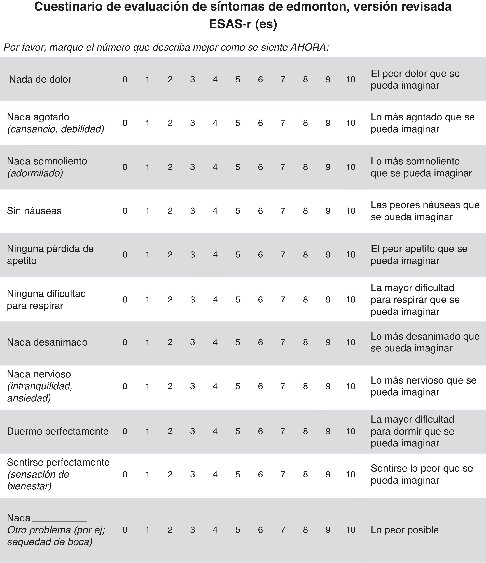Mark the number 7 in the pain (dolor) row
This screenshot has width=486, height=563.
click(283, 79)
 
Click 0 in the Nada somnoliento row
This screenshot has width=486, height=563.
click(125, 167)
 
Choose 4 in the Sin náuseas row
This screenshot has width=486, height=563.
click(215, 211)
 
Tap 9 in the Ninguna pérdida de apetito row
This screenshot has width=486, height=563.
click(328, 255)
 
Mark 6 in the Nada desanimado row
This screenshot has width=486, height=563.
click(260, 342)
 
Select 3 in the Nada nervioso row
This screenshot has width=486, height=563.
click(193, 386)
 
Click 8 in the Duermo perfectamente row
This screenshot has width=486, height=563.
click(305, 431)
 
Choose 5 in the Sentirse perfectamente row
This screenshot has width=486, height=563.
click(238, 474)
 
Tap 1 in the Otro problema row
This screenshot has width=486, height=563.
click(147, 530)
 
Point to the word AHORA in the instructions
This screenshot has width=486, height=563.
click(310, 48)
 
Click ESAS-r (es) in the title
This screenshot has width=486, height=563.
click(243, 24)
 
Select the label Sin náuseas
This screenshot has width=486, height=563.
click(34, 211)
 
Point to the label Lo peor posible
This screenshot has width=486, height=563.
click(405, 530)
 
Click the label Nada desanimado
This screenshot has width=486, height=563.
click(47, 342)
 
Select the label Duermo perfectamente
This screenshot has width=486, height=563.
click(58, 431)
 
